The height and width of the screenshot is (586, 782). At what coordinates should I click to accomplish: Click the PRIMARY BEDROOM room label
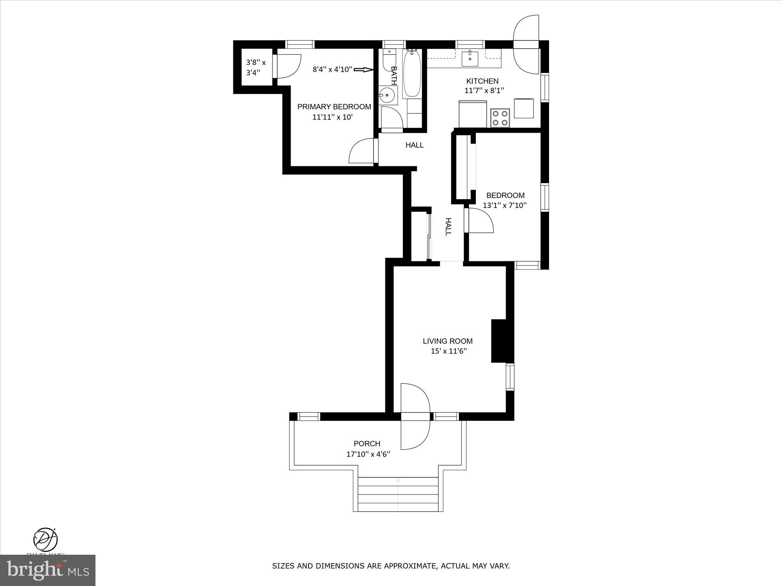tap(334, 107)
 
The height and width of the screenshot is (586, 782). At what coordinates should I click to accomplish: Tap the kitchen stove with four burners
tap(500, 118)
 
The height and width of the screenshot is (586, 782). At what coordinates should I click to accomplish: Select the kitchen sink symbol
tap(470, 58)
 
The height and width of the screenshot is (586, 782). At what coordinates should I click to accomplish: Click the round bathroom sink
tap(388, 95)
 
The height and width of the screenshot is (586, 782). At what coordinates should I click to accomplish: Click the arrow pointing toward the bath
tap(363, 69)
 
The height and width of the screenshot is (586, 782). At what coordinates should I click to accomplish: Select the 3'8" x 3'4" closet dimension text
tap(256, 67)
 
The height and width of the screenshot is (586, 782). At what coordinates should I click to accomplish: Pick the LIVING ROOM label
tap(448, 341)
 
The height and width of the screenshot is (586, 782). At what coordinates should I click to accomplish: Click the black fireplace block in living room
tap(498, 341)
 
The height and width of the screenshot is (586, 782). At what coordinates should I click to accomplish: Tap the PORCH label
tap(367, 444)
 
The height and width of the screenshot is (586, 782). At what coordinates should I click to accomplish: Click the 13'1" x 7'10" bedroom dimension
tap(505, 205)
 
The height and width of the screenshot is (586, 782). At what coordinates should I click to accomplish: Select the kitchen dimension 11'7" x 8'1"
tap(484, 91)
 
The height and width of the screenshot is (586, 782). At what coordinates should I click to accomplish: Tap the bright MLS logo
tap(47, 570)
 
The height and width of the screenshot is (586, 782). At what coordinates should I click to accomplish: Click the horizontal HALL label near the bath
tap(414, 145)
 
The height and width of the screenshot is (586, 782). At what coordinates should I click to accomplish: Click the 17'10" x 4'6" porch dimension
tap(368, 454)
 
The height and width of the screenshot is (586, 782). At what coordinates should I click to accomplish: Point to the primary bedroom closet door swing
tap(287, 67)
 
